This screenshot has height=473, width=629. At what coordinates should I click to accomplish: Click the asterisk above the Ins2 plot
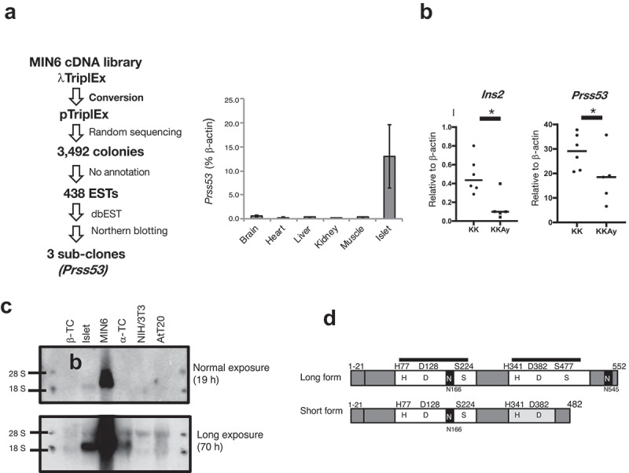[491, 113]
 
